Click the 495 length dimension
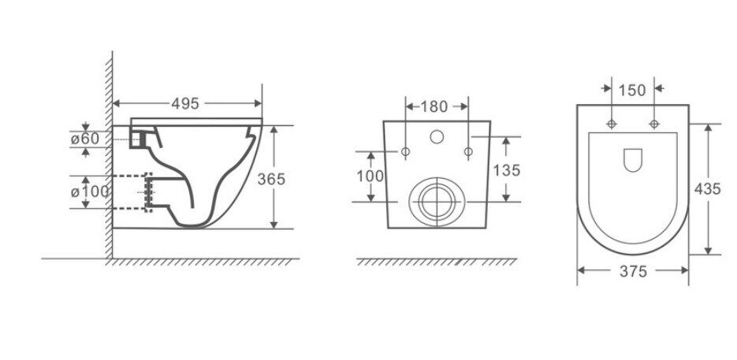click(x=185, y=103)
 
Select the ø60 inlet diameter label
click(x=85, y=139)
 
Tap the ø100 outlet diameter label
click(x=89, y=191)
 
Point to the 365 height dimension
click(x=271, y=179)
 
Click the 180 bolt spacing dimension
click(x=434, y=106)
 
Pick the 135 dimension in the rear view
click(x=506, y=170)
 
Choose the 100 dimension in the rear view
click(x=370, y=176)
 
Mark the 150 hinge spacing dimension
click(x=632, y=90)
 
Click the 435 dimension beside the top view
click(x=707, y=189)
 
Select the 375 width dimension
click(x=633, y=271)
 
